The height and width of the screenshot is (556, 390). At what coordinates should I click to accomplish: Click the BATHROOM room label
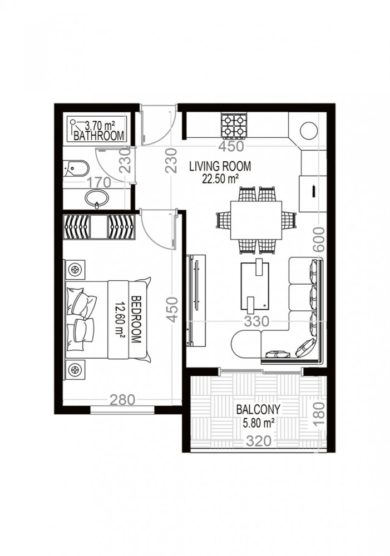click(98, 136)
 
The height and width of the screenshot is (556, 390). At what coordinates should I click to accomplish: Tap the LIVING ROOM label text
click(220, 166)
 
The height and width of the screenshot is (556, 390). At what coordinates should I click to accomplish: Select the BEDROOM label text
click(135, 319)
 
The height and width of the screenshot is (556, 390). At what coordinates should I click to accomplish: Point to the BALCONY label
click(258, 410)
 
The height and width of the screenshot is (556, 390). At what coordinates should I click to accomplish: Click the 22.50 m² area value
click(221, 178)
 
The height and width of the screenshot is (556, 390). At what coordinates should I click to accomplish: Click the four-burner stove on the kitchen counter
click(234, 125)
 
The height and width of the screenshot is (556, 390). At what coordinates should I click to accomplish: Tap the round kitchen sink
click(309, 130)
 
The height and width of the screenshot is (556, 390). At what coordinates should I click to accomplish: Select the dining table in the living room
click(256, 220)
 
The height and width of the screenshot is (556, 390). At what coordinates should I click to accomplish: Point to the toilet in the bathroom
click(76, 168)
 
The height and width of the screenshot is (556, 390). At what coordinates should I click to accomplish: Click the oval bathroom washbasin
click(98, 197)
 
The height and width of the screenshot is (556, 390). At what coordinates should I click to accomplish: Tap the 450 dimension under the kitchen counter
click(231, 147)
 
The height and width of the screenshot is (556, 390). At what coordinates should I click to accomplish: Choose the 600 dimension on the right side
click(318, 240)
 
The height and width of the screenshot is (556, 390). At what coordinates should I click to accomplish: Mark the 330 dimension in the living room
click(256, 321)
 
